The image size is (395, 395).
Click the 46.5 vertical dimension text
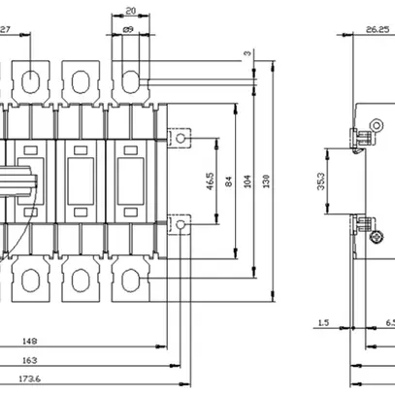click(x=211, y=181)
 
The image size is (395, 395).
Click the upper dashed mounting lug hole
click(x=180, y=138)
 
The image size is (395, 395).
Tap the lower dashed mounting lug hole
click(x=180, y=225)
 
